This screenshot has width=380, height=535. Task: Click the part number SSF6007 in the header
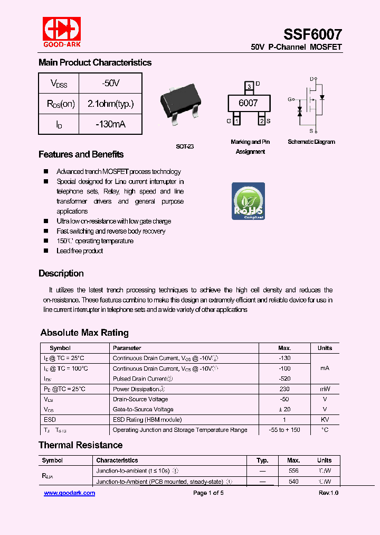[x=312, y=34]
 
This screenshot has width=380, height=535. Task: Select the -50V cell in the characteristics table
[x=110, y=83]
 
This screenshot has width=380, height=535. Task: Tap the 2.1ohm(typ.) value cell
[x=110, y=104]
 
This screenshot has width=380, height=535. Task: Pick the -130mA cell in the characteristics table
[x=110, y=124]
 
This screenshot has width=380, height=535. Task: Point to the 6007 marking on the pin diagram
[x=248, y=103]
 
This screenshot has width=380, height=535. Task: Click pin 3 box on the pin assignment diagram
[x=249, y=86]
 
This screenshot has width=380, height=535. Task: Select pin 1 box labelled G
[x=236, y=121]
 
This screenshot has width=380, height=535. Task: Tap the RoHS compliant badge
[x=248, y=201]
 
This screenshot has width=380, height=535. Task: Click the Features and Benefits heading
[x=81, y=154]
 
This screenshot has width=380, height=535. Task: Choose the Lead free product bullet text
[x=80, y=251]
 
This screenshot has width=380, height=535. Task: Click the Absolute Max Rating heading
[x=84, y=333]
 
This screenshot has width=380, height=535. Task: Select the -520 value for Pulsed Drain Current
[x=284, y=379]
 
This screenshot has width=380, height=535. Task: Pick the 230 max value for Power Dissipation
[x=284, y=389]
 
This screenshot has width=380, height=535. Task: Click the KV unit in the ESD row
[x=325, y=420]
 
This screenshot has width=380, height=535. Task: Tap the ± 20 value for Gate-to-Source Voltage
[x=284, y=409]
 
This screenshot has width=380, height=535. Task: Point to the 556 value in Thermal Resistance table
[x=293, y=471]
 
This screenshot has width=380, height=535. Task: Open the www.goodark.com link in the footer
[x=69, y=493]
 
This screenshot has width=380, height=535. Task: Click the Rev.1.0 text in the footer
[x=328, y=493]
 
